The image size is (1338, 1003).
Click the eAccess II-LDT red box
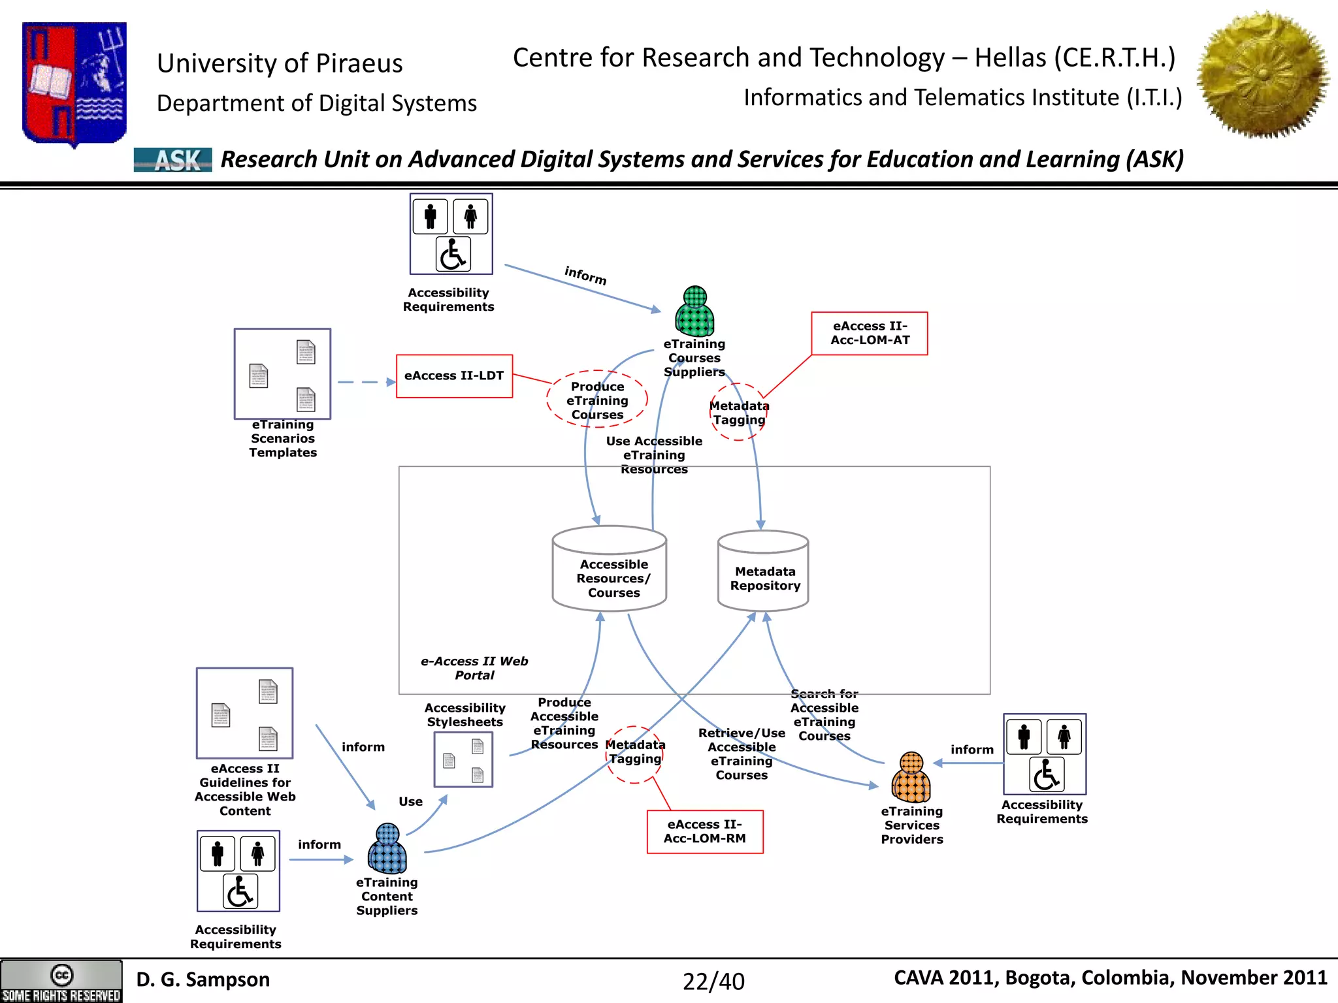[x=454, y=376]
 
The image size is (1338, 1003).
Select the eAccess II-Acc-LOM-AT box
[x=869, y=333]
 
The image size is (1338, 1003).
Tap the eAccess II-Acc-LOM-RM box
[x=704, y=831]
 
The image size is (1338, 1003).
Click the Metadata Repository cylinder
[x=763, y=571]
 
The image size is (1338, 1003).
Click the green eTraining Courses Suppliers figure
[x=694, y=311]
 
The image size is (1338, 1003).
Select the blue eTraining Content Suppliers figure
[x=387, y=849]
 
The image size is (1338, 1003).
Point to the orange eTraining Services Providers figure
[x=911, y=778]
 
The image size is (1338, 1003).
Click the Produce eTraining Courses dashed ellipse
[x=596, y=400]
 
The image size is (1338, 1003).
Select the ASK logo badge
[x=173, y=160]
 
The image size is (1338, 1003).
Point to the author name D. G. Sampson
[x=203, y=979]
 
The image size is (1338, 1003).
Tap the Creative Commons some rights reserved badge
[x=61, y=981]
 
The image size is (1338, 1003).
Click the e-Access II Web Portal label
[x=474, y=668]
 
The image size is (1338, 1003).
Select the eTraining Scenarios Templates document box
[x=282, y=374]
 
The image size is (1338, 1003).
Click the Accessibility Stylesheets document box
[x=463, y=759]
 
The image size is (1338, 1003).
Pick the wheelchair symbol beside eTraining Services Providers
[x=1046, y=774]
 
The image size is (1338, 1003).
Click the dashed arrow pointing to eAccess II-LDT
[x=366, y=382]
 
